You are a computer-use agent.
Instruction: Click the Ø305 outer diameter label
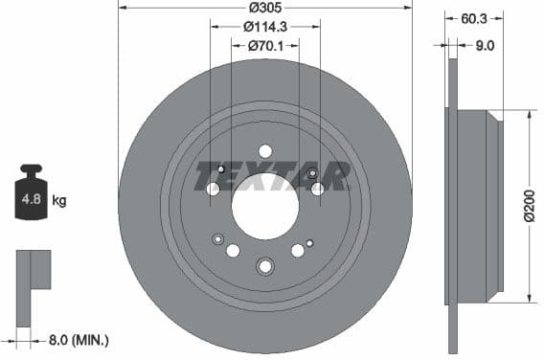[265, 8]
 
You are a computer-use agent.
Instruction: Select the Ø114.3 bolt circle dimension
[265, 26]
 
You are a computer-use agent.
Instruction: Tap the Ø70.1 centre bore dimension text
[265, 44]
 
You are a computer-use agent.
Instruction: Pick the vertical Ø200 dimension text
[529, 205]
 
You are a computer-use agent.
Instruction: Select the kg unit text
[59, 201]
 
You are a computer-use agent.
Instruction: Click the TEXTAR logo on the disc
[271, 176]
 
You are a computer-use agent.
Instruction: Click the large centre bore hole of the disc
[265, 208]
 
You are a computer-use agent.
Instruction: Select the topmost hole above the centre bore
[265, 150]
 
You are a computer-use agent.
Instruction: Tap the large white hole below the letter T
[213, 189]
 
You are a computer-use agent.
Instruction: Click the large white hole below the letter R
[318, 189]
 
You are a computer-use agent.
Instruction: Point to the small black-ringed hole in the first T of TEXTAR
[221, 170]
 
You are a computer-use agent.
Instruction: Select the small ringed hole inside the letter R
[313, 173]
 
